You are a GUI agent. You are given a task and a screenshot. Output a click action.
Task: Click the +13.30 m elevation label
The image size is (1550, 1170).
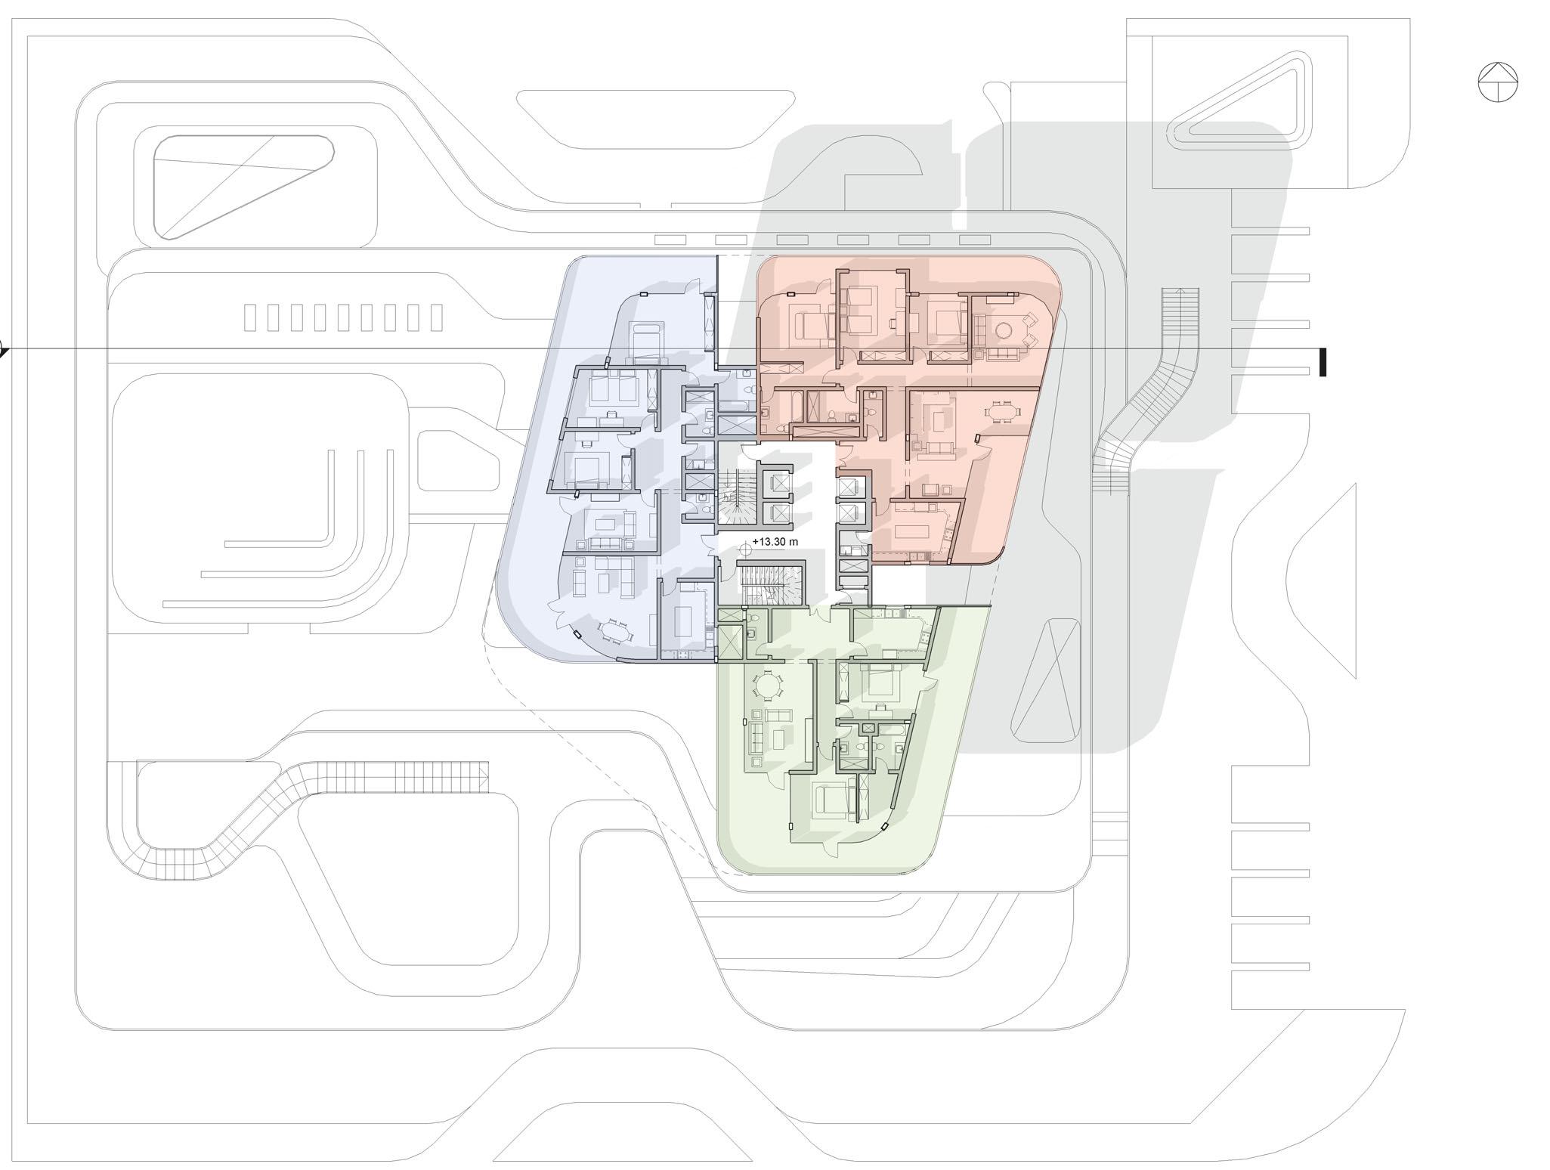pos(775,542)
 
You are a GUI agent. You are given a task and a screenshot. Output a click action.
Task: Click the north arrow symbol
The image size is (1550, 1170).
pos(1498,82)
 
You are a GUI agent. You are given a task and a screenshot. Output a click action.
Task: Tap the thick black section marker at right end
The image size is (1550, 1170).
pos(1323,362)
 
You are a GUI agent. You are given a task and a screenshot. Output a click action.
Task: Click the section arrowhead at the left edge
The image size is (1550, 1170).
pos(3,350)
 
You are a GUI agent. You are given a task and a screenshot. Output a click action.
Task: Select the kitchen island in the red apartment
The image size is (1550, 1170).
pos(917,530)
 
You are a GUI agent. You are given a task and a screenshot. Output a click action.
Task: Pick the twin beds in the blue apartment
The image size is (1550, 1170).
pos(614,388)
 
